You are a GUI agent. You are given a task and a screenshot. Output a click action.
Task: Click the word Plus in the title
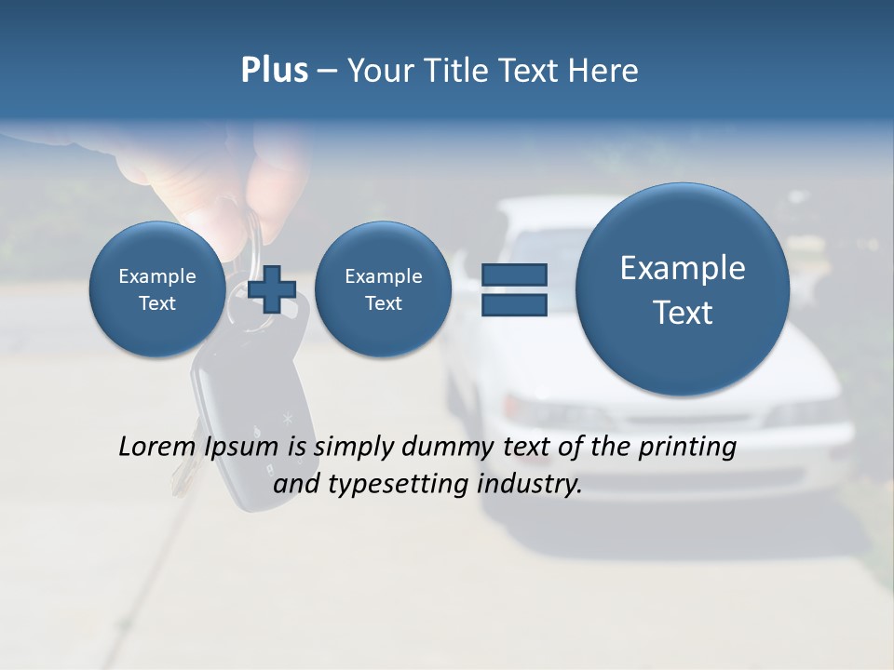click(274, 71)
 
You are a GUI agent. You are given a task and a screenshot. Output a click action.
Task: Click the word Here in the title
click(603, 71)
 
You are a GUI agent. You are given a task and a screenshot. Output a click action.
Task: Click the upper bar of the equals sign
click(514, 275)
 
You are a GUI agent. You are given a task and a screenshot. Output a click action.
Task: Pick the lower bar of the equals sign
click(514, 304)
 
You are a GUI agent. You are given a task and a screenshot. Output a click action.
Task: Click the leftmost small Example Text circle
click(157, 289)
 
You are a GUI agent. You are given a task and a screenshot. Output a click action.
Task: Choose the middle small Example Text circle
click(383, 289)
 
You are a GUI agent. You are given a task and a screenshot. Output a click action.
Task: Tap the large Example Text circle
click(683, 289)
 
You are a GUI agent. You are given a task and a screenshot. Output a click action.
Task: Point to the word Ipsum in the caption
click(244, 448)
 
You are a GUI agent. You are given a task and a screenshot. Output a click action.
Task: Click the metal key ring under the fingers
click(249, 233)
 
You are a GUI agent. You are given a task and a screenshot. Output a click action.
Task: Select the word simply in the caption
click(355, 448)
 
